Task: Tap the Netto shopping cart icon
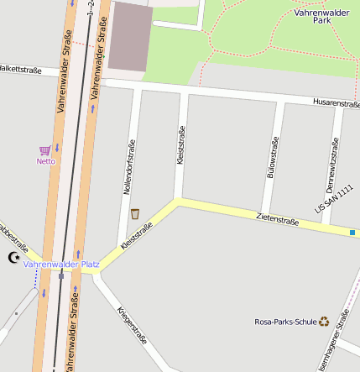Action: tap(45, 150)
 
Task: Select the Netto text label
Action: tap(45, 161)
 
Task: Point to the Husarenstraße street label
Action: tap(336, 102)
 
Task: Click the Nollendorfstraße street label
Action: tap(128, 167)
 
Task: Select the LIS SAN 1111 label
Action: tap(334, 199)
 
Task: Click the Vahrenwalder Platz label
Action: tap(61, 265)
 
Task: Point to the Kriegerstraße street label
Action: tap(133, 326)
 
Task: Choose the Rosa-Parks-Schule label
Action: tap(285, 322)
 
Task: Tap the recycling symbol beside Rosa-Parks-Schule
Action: tap(324, 321)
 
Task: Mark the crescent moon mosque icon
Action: tap(13, 258)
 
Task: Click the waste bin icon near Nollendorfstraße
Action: tap(135, 214)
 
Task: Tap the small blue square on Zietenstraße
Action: tap(352, 233)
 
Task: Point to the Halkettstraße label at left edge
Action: tap(20, 69)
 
